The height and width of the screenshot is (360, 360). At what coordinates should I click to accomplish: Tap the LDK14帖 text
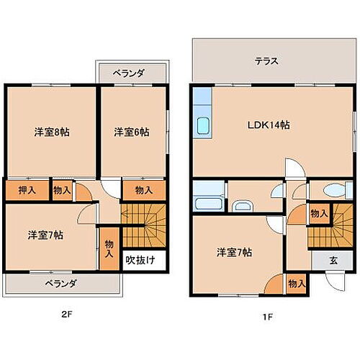[271, 125]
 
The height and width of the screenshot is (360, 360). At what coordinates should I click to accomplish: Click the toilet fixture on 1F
[333, 189]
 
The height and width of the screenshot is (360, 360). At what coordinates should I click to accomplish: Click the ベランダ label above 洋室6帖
[132, 73]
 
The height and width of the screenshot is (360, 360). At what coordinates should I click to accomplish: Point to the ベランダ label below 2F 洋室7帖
[59, 282]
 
